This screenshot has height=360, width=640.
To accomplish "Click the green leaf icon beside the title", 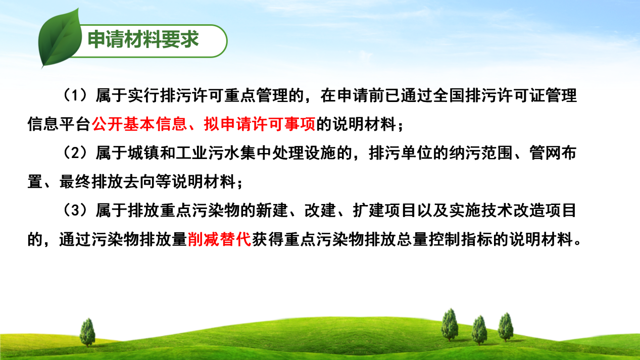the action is tap(60, 39).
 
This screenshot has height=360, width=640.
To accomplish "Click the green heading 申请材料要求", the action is tap(143, 39).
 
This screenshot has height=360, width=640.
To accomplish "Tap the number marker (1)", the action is tap(75, 95).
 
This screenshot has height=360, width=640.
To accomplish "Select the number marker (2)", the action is tap(75, 153).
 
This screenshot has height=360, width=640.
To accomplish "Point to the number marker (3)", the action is tap(75, 211).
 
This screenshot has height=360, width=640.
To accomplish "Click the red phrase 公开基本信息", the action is tap(139, 124).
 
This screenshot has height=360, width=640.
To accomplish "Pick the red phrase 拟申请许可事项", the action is tap(260, 124).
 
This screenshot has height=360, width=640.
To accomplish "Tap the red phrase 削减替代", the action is tap(219, 239).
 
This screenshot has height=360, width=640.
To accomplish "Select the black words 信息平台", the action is tap(59, 124).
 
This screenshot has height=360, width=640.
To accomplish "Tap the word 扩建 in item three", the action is tap(369, 211).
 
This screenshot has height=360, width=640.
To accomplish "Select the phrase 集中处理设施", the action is tap(288, 153).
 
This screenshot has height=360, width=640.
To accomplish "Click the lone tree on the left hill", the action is tap(87, 332).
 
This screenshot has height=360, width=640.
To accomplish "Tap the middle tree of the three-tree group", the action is tap(479, 330).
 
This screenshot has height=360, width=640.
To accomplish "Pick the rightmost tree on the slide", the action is tap(506, 327).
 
